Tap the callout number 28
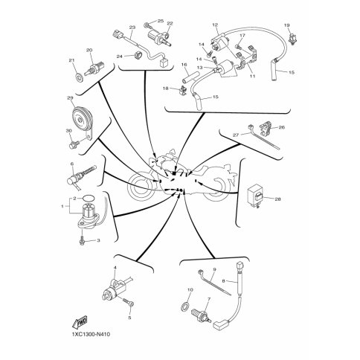click(277, 199)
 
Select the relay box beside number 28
click(254, 195)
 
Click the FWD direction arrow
click(80, 322)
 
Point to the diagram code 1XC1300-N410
click(91, 335)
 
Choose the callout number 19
click(286, 25)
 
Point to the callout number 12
click(215, 25)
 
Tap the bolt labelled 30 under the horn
click(74, 144)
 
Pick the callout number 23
click(132, 27)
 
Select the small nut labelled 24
click(136, 55)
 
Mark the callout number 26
click(282, 127)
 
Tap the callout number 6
click(72, 164)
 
